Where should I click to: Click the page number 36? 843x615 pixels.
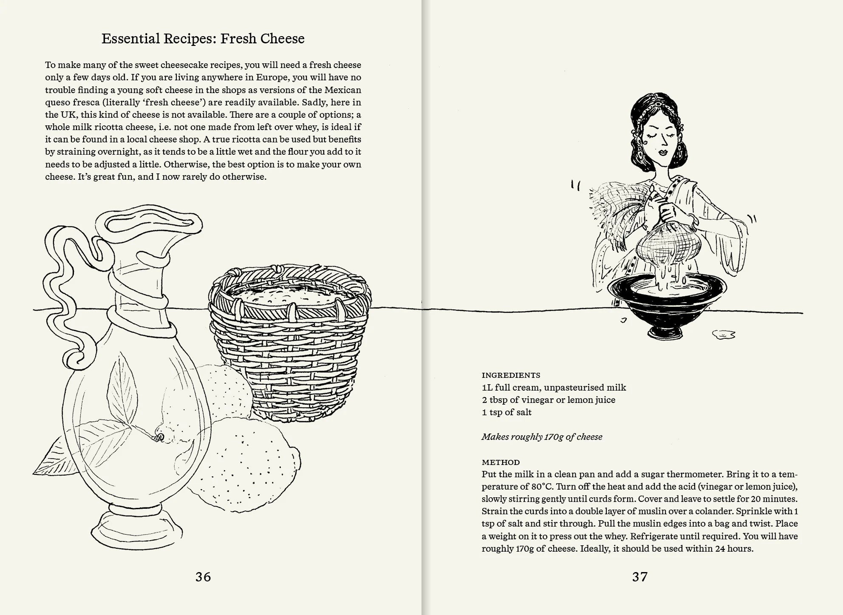pyautogui.click(x=203, y=577)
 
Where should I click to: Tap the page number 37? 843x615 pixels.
pyautogui.click(x=639, y=577)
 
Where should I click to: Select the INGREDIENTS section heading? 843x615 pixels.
pyautogui.click(x=511, y=375)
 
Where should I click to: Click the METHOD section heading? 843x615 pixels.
pyautogui.click(x=501, y=462)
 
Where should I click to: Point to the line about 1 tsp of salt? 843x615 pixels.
pyautogui.click(x=506, y=412)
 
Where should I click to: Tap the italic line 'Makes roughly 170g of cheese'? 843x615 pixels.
pyautogui.click(x=542, y=436)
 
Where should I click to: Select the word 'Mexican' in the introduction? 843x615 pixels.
pyautogui.click(x=342, y=90)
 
